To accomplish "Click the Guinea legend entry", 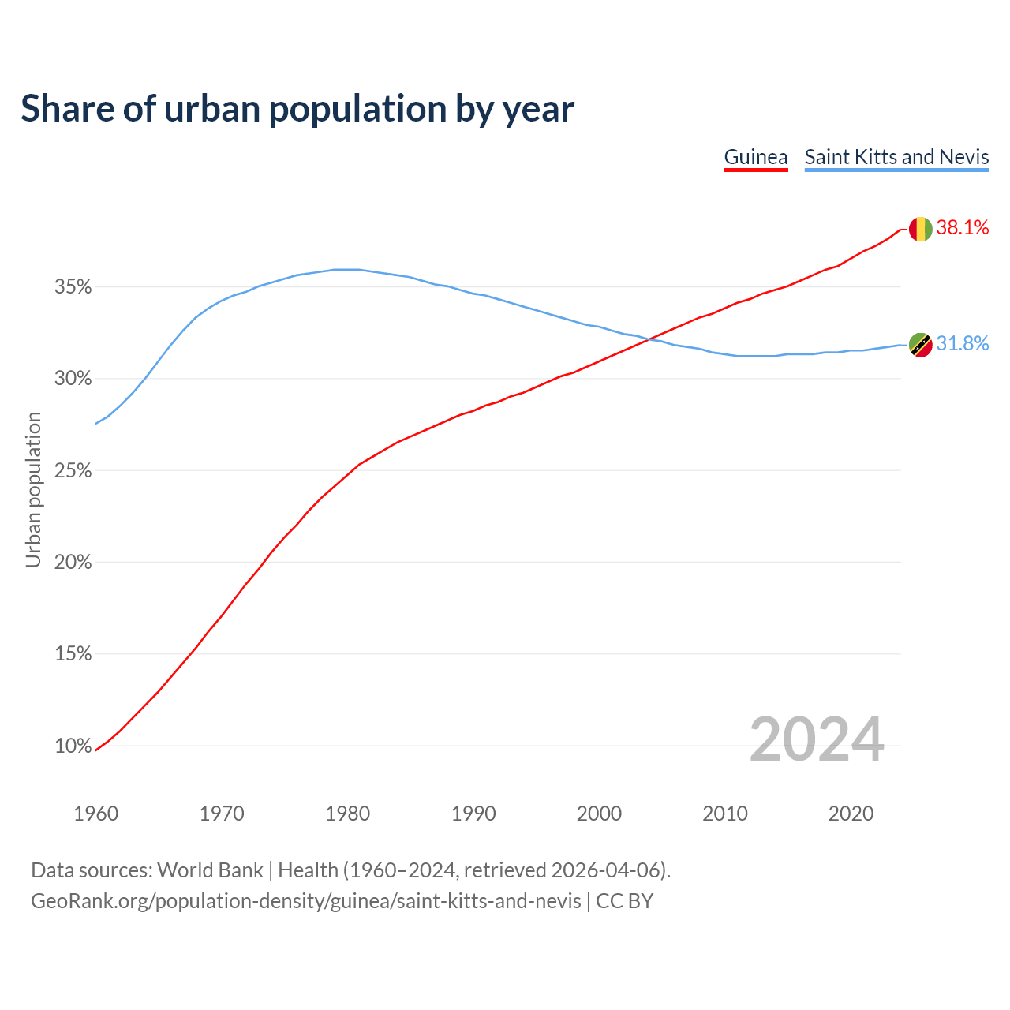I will tap(756, 157).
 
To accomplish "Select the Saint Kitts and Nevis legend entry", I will tap(896, 157).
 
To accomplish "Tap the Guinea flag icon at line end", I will tap(920, 229).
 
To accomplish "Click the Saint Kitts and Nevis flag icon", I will tap(920, 345).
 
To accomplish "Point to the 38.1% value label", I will tap(963, 228).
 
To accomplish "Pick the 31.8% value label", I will tap(963, 344).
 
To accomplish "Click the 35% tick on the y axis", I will tap(73, 287).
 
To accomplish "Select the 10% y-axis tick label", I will tap(73, 746).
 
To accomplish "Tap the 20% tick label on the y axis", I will tap(73, 563).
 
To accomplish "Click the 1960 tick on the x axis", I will tap(96, 814).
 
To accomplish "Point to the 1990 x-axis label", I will tap(473, 814).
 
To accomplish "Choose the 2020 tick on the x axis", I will tap(851, 814).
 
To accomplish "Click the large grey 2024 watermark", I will tap(817, 739).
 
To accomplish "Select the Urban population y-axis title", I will tap(33, 489).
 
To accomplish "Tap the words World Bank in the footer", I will tap(210, 870).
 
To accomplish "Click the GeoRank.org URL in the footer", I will tap(305, 901).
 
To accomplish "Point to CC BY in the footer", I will tap(624, 901).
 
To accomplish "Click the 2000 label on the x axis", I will tap(599, 814).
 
